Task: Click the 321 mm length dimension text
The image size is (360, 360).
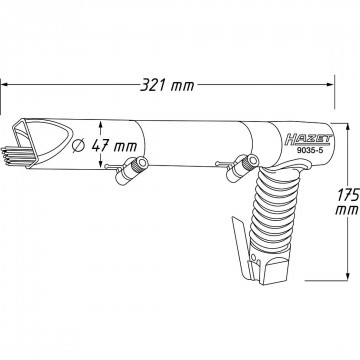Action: (x=167, y=85)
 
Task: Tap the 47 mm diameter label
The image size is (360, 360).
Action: (x=114, y=146)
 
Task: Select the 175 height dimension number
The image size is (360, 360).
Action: (x=348, y=195)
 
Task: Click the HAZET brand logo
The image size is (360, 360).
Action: (x=309, y=140)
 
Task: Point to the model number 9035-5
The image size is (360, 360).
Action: (x=310, y=150)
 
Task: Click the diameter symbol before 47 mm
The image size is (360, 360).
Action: (x=78, y=146)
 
